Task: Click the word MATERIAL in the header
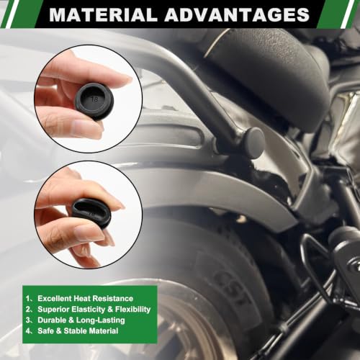(x=103, y=14)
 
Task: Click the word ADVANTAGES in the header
(x=237, y=14)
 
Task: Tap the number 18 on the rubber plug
(x=94, y=99)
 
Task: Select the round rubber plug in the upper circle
(x=94, y=101)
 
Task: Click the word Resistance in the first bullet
(x=113, y=298)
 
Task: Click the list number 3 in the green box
(x=28, y=320)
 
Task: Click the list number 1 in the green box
(x=28, y=299)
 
